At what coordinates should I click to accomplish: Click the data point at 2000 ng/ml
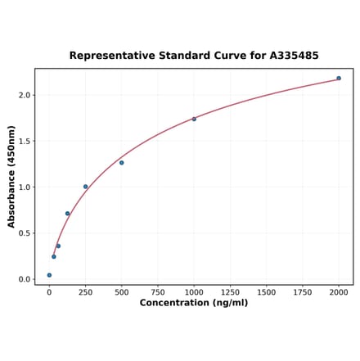pos(339,79)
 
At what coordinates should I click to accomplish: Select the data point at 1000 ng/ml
pos(194,120)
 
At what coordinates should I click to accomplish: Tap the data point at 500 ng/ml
pos(122,163)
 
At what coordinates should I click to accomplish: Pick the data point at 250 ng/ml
pos(85,187)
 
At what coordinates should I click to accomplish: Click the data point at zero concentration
pos(49,275)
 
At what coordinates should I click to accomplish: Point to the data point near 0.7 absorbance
pos(68,214)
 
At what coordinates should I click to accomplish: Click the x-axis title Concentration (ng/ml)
pos(194,303)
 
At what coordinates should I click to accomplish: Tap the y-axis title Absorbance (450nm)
pos(11,177)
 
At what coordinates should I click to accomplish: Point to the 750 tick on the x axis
pos(158,291)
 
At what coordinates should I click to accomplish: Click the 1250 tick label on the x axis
pos(230,291)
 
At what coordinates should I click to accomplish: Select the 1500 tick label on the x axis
pos(266,291)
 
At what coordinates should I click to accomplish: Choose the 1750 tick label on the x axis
pos(303,291)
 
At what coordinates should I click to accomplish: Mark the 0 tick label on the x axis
pos(49,291)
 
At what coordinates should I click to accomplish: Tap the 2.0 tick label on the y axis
pos(25,95)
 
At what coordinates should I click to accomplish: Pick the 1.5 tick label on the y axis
pos(25,141)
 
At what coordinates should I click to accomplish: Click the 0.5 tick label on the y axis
pos(25,233)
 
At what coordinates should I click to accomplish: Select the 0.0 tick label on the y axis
pos(25,279)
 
